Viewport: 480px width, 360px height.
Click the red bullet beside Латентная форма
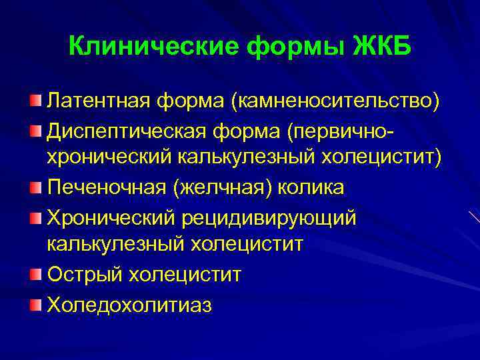[35, 101]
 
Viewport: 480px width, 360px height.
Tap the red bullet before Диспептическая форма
[35, 129]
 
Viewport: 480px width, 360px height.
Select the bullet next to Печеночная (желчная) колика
[35, 187]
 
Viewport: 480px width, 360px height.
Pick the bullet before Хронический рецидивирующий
[35, 216]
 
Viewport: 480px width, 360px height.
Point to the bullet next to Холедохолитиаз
[35, 303]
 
